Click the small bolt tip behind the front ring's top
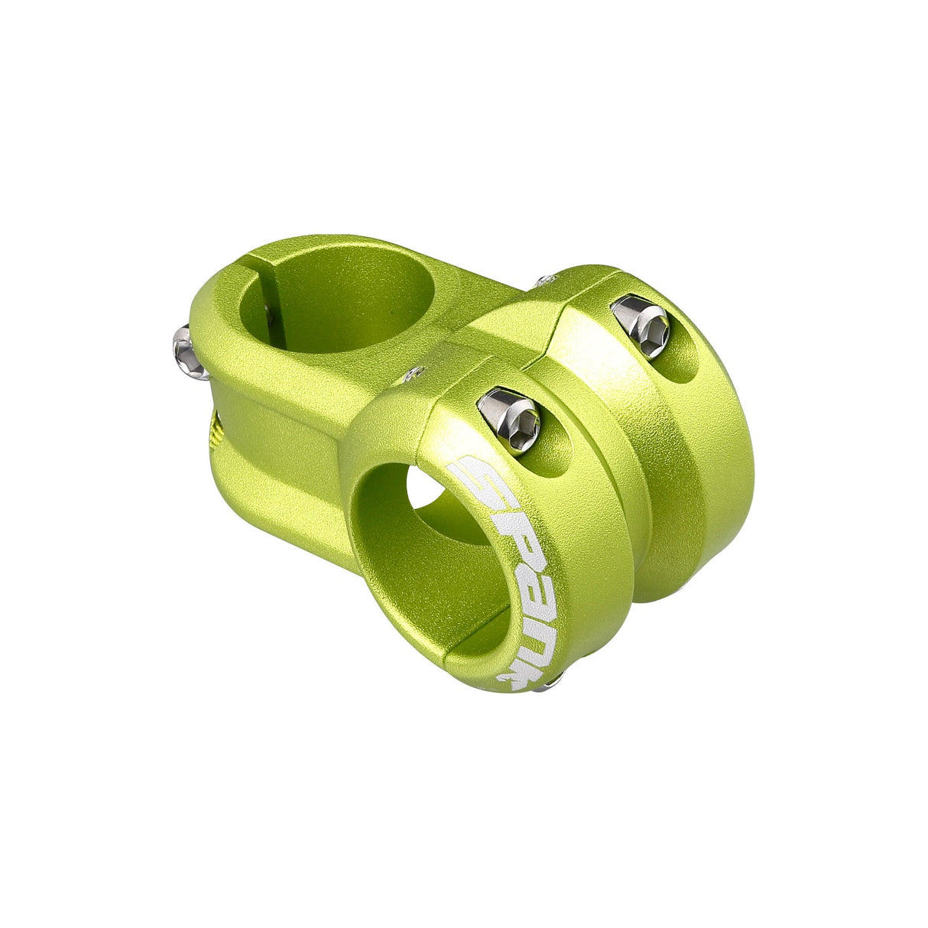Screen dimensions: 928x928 pyautogui.click(x=414, y=373)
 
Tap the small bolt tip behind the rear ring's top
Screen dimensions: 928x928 pyautogui.click(x=544, y=281)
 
